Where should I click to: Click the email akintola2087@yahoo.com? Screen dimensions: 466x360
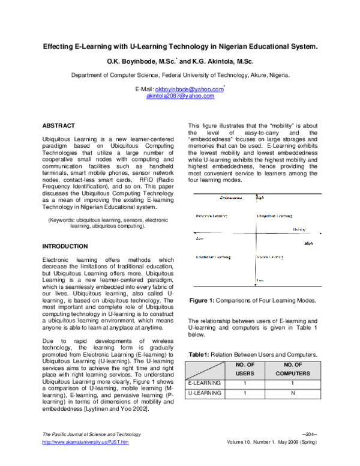(x=180, y=95)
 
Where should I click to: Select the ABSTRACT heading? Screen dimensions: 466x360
(x=58, y=126)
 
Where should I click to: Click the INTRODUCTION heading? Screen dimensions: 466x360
(x=65, y=246)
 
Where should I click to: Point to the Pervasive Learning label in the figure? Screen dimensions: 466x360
(x=212, y=216)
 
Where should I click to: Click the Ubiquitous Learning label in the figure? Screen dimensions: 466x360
(x=275, y=216)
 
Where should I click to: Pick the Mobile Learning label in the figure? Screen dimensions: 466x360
(x=271, y=258)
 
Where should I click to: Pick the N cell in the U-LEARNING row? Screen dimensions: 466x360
(x=292, y=393)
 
